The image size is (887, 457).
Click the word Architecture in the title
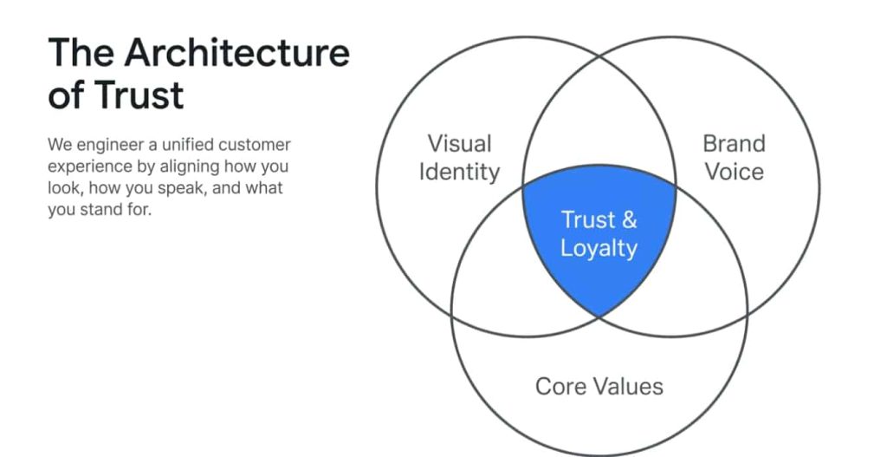(x=236, y=54)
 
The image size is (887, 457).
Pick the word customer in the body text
(x=257, y=145)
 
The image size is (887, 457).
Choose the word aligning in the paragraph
(x=200, y=166)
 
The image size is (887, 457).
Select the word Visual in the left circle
(x=459, y=143)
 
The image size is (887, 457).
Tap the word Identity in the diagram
(x=459, y=172)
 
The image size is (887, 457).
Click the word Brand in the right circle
(x=733, y=143)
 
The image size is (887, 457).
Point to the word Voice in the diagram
(x=733, y=172)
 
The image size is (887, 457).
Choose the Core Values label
(x=599, y=386)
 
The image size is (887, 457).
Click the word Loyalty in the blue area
(x=599, y=248)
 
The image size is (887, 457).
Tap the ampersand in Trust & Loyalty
(x=629, y=219)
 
